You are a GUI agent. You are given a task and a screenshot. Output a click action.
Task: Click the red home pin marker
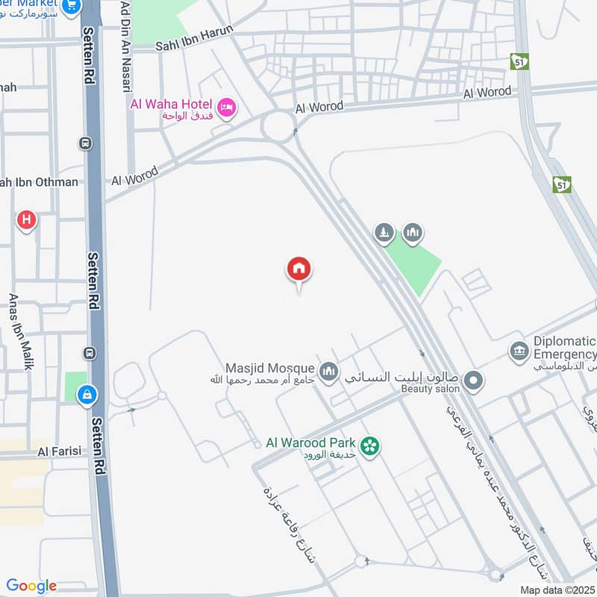tap(298, 269)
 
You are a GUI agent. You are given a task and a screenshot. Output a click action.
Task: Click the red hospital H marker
tap(27, 220)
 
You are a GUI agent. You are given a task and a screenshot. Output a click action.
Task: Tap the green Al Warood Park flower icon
tap(369, 446)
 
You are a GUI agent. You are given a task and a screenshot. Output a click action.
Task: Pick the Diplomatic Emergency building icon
tap(519, 350)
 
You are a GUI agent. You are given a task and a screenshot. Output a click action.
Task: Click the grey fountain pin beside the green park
tap(384, 233)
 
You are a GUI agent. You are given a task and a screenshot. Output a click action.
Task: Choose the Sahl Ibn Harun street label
tap(194, 39)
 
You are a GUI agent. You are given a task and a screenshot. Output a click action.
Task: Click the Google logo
tap(31, 586)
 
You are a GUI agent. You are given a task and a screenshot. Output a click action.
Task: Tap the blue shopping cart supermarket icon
tap(72, 6)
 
